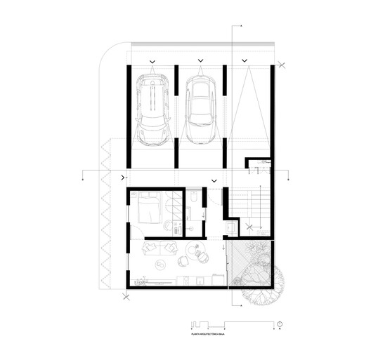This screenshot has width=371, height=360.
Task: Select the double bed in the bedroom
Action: (x=150, y=208)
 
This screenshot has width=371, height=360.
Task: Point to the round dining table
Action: (x=195, y=252)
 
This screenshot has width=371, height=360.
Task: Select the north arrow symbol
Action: (x=279, y=323)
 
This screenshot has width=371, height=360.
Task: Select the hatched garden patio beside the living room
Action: (x=250, y=263)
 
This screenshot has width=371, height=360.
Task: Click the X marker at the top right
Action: (x=281, y=66)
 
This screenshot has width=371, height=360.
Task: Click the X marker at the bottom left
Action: (x=126, y=298)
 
